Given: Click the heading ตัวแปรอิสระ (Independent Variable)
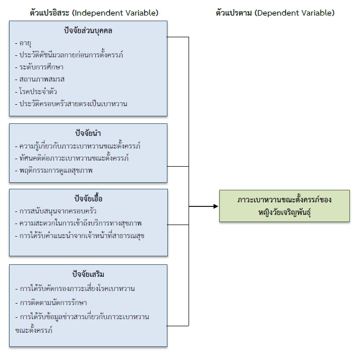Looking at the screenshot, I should [x=94, y=13].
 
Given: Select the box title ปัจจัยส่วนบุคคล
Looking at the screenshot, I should [x=88, y=31].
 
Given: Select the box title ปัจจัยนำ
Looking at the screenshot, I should [x=88, y=133].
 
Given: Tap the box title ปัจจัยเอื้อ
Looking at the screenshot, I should [x=88, y=198].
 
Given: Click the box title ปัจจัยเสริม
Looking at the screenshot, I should [x=88, y=274].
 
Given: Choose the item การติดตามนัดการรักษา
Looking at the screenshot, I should [x=52, y=303].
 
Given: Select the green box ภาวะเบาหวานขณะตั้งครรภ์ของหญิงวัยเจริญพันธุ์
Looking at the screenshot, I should [x=284, y=206].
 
